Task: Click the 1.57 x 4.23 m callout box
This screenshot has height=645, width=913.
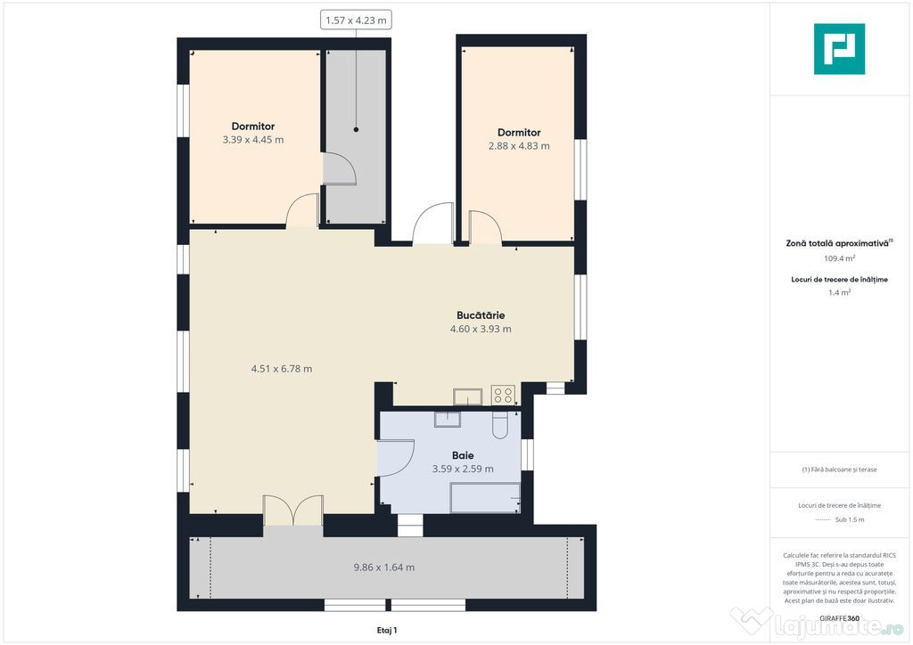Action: click(356, 20)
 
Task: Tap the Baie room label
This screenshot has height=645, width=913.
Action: click(463, 455)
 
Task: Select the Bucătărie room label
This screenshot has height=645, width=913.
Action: click(481, 315)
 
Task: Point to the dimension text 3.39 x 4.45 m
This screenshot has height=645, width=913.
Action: click(253, 140)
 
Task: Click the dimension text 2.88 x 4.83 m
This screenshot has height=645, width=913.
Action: click(519, 146)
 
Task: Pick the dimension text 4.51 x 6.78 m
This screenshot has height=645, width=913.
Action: click(281, 369)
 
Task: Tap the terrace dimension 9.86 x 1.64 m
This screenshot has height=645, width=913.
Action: click(383, 567)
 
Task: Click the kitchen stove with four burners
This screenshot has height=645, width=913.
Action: click(503, 395)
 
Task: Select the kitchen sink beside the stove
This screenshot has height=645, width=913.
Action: click(467, 396)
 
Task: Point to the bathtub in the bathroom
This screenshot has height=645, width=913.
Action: click(485, 497)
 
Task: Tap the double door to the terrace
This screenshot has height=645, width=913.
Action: click(292, 511)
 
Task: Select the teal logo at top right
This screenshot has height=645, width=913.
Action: click(839, 49)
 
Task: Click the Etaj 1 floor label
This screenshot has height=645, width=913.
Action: click(387, 630)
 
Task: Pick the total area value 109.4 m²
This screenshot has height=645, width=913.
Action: click(838, 258)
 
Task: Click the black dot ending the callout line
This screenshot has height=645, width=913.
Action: click(356, 130)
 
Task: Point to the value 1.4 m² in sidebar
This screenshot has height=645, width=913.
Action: click(838, 292)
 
